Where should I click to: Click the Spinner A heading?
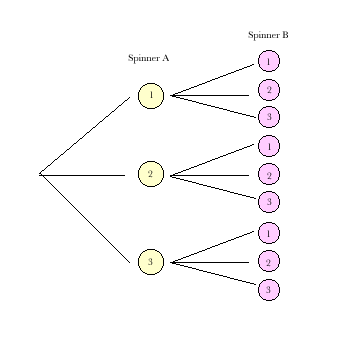tap(148, 58)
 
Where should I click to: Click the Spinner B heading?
tap(268, 35)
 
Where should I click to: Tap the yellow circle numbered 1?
tap(150, 96)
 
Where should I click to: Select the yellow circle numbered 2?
tap(150, 175)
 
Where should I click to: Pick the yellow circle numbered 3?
tap(150, 262)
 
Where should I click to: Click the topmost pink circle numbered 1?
tap(268, 62)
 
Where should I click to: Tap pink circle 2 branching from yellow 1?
tap(268, 90)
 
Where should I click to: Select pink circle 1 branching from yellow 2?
tap(268, 146)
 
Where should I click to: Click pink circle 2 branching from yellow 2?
tap(268, 175)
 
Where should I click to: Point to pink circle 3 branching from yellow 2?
tap(268, 202)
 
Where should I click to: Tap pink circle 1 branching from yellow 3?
tap(268, 233)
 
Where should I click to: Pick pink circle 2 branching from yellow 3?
tap(268, 262)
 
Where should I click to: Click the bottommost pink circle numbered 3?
tap(268, 290)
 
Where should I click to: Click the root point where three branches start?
tap(40, 175)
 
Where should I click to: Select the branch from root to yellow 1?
tap(85, 136)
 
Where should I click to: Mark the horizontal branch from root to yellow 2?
tap(82, 175)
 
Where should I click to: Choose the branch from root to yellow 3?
tap(85, 219)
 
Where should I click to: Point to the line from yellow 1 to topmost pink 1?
tap(213, 80)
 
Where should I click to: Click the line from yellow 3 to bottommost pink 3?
tap(213, 274)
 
